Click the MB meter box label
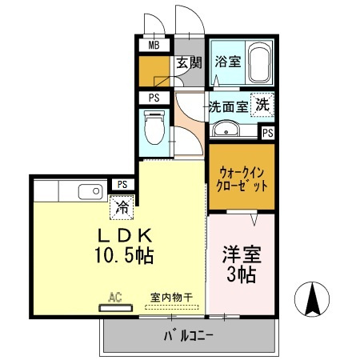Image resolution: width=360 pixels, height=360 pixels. point(153,45)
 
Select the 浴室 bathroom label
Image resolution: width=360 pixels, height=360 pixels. point(228,61)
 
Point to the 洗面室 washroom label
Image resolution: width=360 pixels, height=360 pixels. point(227,106)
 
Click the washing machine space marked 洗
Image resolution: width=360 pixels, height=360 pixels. point(262,103)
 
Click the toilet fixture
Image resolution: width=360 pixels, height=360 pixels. point(153,126)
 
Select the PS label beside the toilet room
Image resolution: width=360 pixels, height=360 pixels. point(153,98)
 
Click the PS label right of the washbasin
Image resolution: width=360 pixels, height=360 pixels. point(267,133)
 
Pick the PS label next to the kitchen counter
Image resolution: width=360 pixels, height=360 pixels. point(122,184)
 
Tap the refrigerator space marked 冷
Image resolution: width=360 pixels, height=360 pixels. point(122,207)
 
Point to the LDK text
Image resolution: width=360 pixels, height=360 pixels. point(124,236)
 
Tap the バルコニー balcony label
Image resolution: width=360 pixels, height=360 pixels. point(189,335)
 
